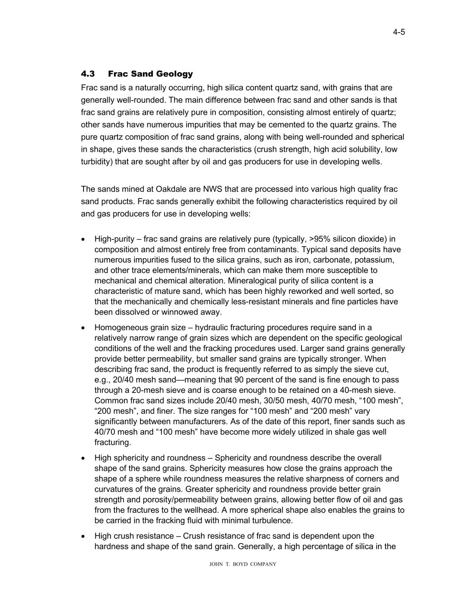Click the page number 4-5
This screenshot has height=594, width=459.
pyautogui.click(x=399, y=32)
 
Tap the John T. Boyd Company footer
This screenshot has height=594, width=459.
pyautogui.click(x=243, y=564)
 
